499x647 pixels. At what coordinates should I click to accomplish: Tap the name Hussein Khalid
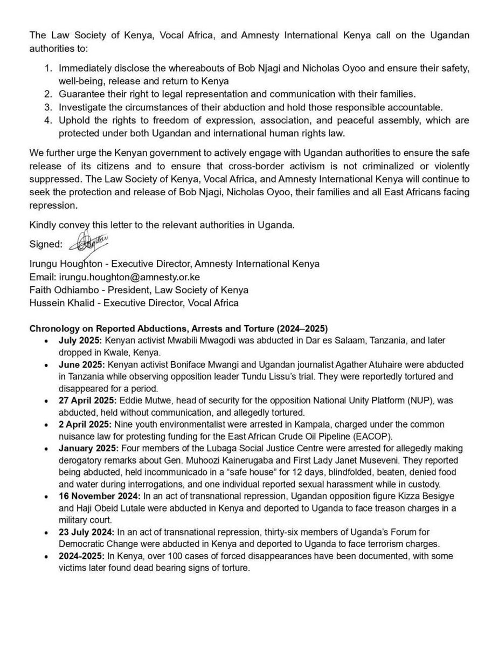pyautogui.click(x=63, y=303)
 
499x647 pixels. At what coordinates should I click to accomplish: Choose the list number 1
pyautogui.click(x=48, y=70)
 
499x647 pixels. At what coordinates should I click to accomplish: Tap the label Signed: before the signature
pyautogui.click(x=45, y=244)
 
